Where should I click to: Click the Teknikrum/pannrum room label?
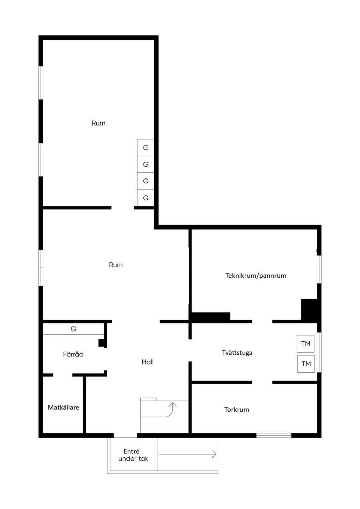tap(256, 276)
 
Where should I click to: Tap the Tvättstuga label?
tap(237, 353)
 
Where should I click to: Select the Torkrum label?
tap(237, 410)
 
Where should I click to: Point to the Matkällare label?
tap(63, 407)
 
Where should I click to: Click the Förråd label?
tap(73, 354)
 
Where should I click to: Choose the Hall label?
tap(148, 362)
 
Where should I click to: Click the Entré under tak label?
tap(133, 455)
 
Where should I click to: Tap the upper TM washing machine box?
tap(306, 344)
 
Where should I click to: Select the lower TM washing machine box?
tap(306, 364)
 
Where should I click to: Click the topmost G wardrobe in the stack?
tap(146, 148)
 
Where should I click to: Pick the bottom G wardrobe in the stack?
tap(146, 198)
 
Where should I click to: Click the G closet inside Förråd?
tap(73, 329)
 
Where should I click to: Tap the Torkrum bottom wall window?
tap(274, 436)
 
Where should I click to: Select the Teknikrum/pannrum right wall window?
tap(319, 269)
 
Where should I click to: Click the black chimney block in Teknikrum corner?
tap(309, 310)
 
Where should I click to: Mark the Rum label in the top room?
tap(98, 123)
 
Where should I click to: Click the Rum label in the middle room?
tap(116, 265)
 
